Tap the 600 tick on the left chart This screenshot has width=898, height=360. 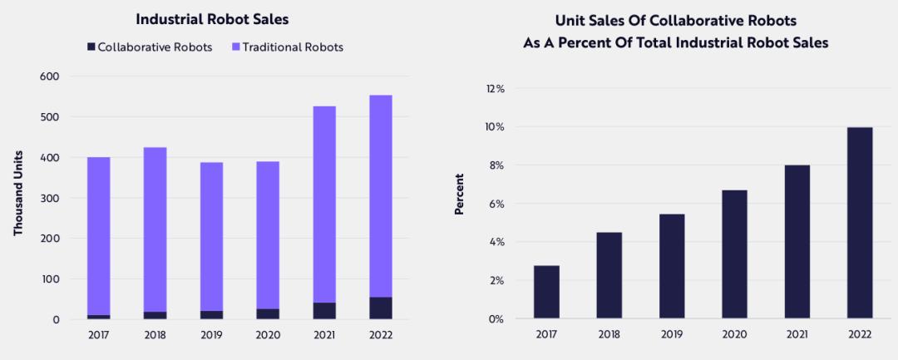coord(50,76)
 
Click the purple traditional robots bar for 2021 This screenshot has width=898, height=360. coord(324,204)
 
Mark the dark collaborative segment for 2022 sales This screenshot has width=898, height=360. coord(381,308)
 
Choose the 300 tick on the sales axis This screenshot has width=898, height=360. coord(50,198)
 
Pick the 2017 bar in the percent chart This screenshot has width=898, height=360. coord(546,292)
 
